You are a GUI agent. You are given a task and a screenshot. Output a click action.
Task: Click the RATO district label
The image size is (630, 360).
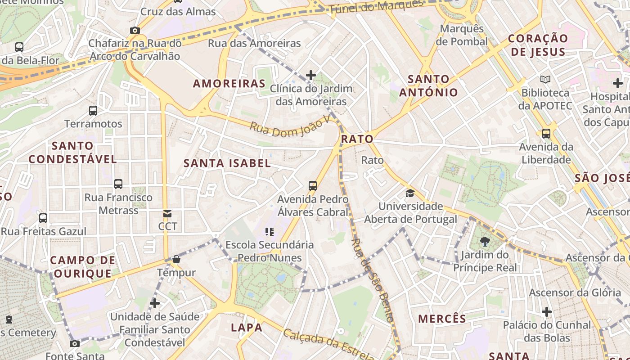357,139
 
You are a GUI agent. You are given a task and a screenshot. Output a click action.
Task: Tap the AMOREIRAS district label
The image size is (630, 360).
229,84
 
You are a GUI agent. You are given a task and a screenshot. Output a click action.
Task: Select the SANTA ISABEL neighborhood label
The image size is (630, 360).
227,163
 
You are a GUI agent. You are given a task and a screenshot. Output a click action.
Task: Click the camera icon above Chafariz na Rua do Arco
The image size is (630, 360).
135,31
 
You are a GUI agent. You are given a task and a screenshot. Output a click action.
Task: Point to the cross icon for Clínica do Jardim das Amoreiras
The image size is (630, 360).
310,75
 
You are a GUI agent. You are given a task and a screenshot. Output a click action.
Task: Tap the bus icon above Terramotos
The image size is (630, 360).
93,110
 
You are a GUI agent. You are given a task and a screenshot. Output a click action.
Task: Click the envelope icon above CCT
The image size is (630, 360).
167,214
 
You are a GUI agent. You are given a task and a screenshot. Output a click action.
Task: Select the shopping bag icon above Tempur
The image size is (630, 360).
176,259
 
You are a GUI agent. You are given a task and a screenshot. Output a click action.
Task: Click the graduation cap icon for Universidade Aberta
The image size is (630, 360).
410,193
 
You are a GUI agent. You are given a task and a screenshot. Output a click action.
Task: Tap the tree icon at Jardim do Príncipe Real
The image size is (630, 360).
485,242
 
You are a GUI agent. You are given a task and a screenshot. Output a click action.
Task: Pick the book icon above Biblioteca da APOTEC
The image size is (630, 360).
545,80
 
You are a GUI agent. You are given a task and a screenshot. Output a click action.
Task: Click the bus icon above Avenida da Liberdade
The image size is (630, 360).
546,134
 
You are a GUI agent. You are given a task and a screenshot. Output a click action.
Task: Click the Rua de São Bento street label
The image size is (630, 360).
373,280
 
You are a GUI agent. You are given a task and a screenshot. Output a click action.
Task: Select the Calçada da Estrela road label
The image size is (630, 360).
328,344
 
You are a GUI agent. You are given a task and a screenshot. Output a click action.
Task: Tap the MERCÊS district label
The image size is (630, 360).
442,319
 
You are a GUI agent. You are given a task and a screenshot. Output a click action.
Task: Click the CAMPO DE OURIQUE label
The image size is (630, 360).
82,267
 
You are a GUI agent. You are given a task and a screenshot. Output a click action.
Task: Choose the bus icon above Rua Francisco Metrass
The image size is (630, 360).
118,184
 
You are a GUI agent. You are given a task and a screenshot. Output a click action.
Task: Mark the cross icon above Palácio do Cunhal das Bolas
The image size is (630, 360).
546,312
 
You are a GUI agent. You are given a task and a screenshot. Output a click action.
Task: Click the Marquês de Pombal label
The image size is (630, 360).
462,35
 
